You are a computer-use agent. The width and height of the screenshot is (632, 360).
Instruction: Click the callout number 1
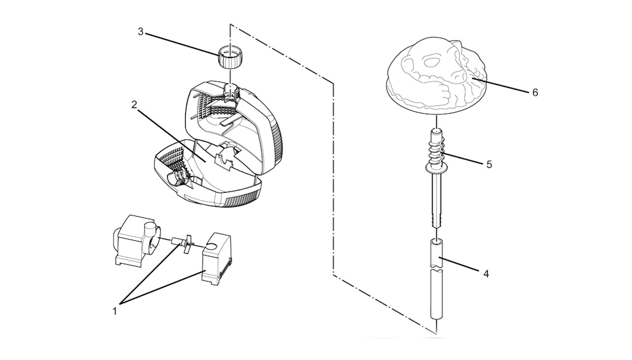[115, 311]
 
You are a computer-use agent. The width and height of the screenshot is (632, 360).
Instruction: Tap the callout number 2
[134, 105]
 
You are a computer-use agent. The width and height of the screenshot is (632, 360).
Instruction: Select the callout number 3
[140, 31]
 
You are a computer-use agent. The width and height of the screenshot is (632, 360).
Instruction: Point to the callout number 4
[486, 274]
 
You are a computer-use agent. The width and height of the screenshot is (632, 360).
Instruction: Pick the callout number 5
[489, 164]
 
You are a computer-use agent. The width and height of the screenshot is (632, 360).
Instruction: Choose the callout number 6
[535, 93]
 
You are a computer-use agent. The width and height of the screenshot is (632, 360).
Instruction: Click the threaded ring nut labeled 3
[229, 58]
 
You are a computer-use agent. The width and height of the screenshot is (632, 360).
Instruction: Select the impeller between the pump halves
[183, 243]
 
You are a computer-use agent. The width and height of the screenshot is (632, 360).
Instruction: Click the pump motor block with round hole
[217, 258]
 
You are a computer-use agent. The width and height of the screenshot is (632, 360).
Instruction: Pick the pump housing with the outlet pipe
[135, 240]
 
